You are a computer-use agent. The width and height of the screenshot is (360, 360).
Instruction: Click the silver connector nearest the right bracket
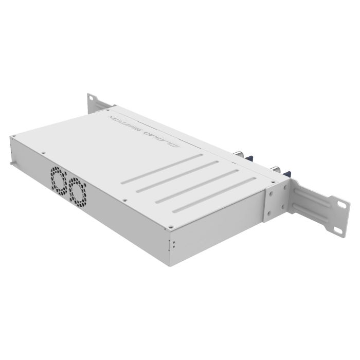274,169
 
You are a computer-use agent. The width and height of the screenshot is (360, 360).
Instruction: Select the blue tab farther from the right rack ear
250,158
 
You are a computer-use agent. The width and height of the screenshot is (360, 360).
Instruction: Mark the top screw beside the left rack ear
109,110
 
